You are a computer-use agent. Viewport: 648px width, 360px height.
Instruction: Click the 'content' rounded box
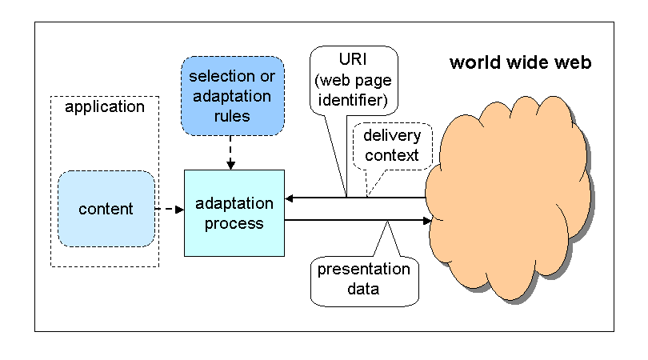tap(106, 209)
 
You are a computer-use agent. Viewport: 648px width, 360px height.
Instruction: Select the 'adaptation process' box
tap(234, 213)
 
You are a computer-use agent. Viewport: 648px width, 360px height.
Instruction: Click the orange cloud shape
tap(512, 208)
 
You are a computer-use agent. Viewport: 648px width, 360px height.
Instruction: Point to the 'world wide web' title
tap(520, 62)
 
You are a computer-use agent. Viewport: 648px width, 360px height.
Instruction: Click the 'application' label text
tap(105, 106)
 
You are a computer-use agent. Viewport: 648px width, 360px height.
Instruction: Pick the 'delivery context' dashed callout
tap(390, 146)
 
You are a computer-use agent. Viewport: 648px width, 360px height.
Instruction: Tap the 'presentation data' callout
tap(364, 278)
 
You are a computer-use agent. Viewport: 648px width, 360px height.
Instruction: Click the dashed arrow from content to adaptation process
tap(169, 210)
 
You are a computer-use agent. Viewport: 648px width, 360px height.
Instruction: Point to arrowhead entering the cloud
tap(428, 220)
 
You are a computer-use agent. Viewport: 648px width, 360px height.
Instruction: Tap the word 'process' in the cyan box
tap(234, 223)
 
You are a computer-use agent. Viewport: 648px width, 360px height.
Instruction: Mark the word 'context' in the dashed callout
tap(390, 155)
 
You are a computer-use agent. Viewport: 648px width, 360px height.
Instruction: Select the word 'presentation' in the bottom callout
tap(364, 269)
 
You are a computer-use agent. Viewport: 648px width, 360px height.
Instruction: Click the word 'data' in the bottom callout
tap(364, 288)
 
